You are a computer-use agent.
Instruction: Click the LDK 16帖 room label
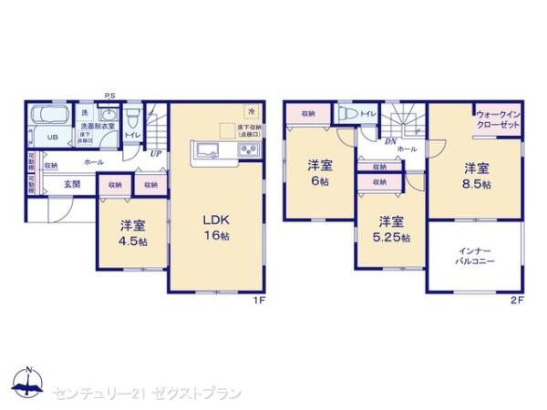213,226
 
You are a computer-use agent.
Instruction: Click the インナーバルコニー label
475,255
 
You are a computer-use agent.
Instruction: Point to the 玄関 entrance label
72,184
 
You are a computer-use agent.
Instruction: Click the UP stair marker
157,152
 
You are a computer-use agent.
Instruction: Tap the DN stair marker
389,141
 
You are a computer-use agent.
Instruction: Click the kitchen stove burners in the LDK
250,150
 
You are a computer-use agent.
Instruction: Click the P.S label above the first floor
109,96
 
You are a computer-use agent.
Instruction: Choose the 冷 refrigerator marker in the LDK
249,110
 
